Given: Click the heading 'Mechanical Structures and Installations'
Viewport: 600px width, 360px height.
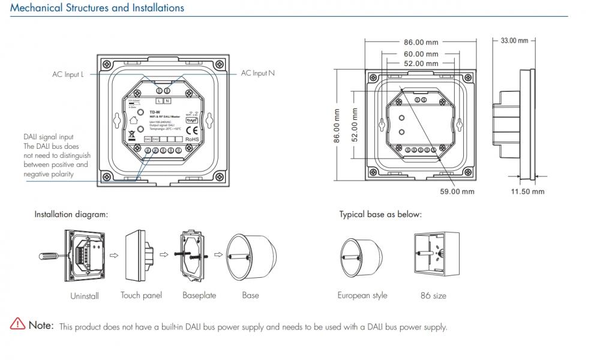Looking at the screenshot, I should click(x=98, y=8).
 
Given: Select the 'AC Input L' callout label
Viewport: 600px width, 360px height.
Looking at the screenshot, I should click(x=68, y=74).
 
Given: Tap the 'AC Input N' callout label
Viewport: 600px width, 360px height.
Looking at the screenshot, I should click(x=258, y=73).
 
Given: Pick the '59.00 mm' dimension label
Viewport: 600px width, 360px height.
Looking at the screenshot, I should click(x=458, y=191).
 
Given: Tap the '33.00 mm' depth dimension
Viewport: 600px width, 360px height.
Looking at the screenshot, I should click(x=514, y=41).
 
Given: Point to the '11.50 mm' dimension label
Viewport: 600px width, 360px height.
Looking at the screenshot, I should click(x=527, y=191).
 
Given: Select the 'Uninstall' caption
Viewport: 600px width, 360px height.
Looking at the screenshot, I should click(x=85, y=296).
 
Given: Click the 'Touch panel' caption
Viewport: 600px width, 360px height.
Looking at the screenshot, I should click(x=142, y=295).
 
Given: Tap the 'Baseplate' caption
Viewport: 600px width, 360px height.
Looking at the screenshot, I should click(x=199, y=295).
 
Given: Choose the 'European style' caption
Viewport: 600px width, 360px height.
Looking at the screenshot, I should click(x=362, y=295).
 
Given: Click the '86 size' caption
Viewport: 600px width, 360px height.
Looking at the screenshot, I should click(x=433, y=296).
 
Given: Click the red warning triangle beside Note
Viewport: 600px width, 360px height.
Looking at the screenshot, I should click(x=17, y=326).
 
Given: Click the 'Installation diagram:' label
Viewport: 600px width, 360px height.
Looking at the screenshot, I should click(x=71, y=214).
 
